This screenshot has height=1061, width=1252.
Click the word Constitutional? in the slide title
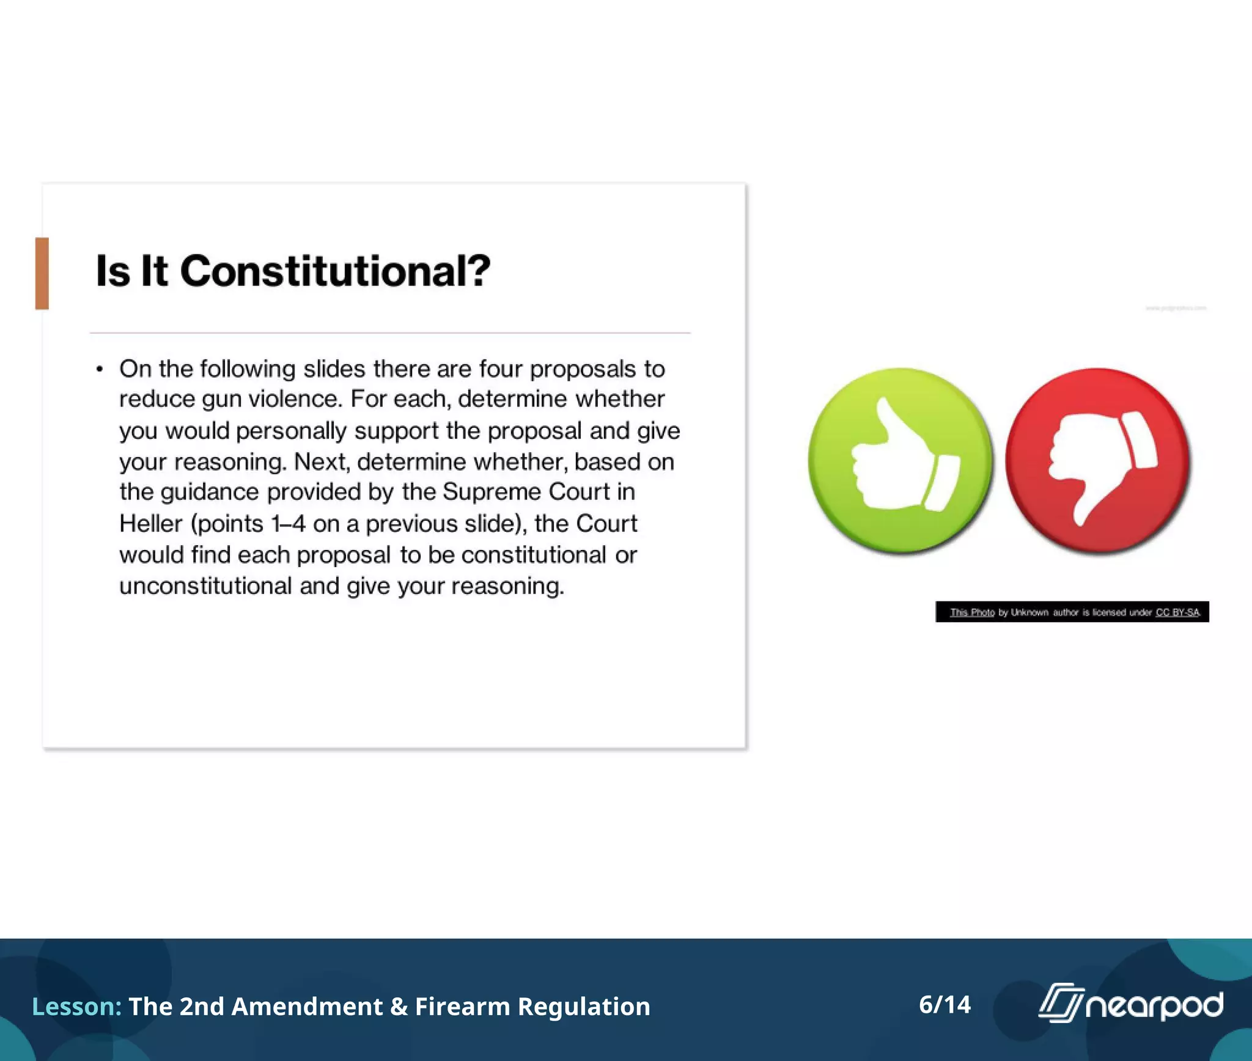coord(335,271)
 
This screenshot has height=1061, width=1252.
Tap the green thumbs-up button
coord(899,460)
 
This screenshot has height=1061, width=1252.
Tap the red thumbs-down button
coord(1097,460)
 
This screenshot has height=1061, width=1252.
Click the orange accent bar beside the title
coord(42,273)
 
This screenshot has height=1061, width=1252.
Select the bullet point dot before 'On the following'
coord(100,369)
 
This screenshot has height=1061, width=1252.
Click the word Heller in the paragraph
coord(150,524)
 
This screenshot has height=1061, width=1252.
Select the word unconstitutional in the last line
coord(205,586)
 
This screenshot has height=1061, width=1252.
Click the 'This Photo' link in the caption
coord(972,612)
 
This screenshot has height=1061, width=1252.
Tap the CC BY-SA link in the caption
coord(1177,612)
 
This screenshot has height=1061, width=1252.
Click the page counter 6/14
coord(945,1005)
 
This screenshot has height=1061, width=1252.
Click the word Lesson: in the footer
coord(76,1007)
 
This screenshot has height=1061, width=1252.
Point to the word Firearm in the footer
coord(462,1007)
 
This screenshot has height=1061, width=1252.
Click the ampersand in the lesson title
coord(399,1007)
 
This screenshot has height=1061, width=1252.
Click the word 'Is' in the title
coord(113,271)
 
